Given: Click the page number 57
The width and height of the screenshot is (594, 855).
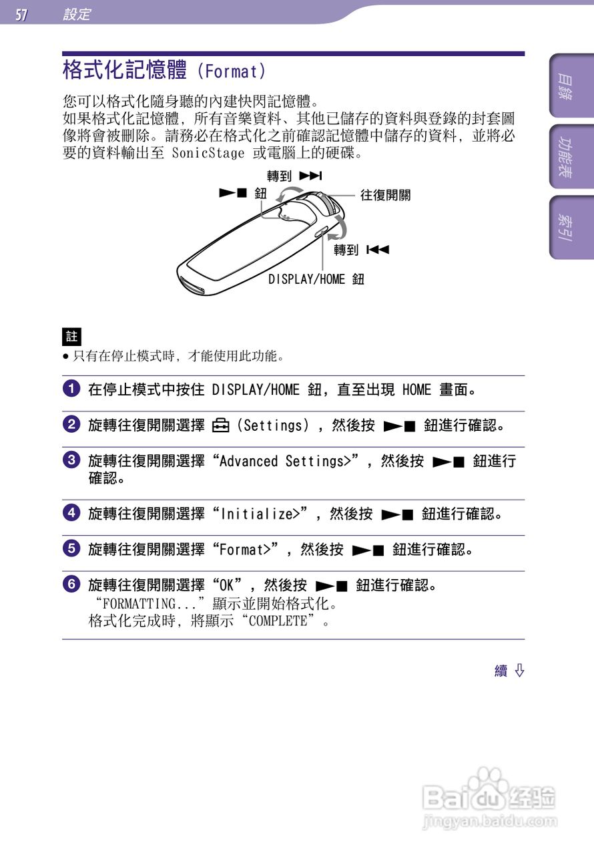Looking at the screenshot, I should click(x=22, y=14).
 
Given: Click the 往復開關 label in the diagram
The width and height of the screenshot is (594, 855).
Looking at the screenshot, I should click(x=385, y=195).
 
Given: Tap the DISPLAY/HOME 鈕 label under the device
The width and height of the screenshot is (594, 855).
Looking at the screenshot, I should click(x=316, y=279).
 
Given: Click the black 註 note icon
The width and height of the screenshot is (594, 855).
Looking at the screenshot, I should click(x=71, y=336).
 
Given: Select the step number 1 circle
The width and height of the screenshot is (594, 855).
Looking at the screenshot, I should click(x=71, y=389).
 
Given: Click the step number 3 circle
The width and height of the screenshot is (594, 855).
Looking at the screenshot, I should click(x=71, y=460).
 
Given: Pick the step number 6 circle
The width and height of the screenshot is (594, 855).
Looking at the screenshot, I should click(x=71, y=584).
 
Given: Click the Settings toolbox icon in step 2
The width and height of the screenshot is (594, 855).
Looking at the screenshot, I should click(x=220, y=425).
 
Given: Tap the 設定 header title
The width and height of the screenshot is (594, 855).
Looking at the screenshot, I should click(x=77, y=14).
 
